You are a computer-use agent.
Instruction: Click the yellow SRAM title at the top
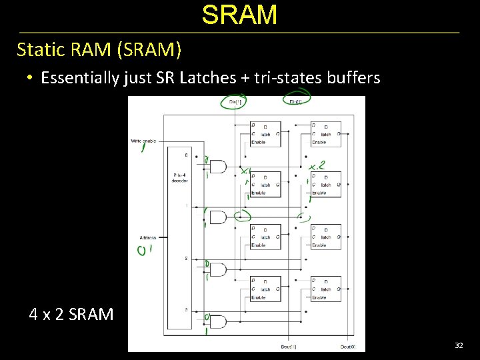239,15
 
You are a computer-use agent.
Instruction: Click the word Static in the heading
38,50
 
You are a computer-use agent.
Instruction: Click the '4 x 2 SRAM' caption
71,314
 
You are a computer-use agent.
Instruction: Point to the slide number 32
459,345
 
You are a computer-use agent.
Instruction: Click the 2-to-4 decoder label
179,177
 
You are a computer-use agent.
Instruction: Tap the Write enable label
143,141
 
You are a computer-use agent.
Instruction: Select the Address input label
148,237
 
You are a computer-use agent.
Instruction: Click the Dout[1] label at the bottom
288,347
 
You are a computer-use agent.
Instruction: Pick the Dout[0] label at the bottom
348,347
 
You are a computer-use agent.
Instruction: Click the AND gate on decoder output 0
217,166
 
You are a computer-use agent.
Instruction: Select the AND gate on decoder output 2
217,269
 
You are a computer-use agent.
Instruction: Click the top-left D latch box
265,133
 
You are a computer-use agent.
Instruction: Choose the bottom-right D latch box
325,289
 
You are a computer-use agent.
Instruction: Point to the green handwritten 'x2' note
317,165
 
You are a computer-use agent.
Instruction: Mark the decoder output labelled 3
186,310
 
